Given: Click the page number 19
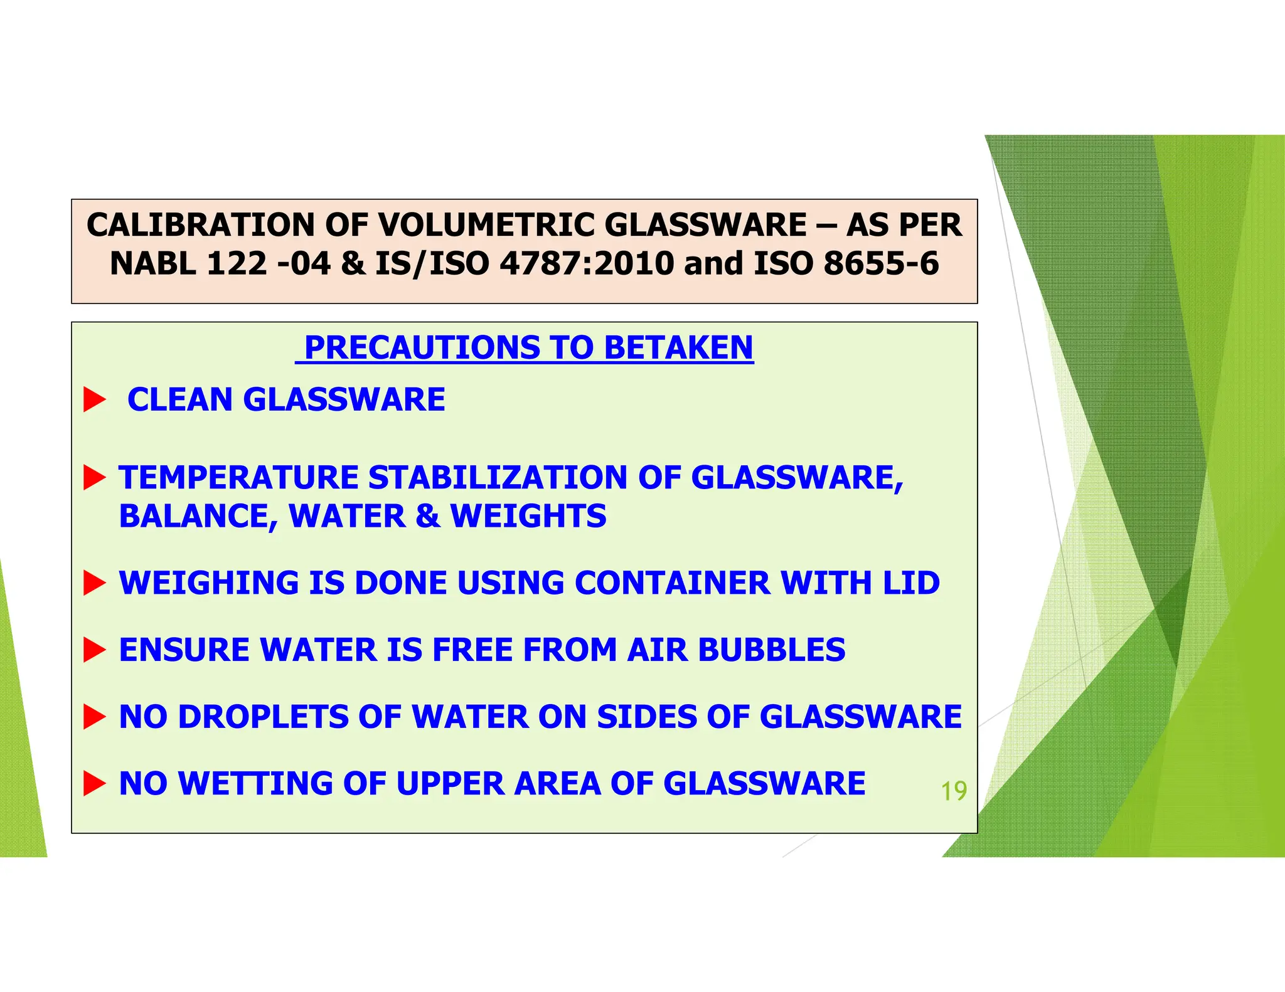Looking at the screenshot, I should click(x=954, y=791).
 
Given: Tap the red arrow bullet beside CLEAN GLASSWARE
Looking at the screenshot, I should click(x=94, y=399).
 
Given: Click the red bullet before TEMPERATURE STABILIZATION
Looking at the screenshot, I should click(x=94, y=478).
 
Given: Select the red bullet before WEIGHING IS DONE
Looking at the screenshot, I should click(x=94, y=583).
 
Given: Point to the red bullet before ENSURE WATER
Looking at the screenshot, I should click(x=94, y=650).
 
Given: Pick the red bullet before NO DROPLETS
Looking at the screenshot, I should click(x=94, y=717).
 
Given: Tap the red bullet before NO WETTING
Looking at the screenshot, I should click(x=94, y=783).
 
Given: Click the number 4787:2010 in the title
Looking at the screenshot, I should click(x=587, y=263).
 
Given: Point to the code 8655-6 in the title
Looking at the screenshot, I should click(x=881, y=263).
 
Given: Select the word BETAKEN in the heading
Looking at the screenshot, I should click(x=678, y=348).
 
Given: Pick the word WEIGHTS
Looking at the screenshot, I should click(x=528, y=517).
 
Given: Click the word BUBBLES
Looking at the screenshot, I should click(x=772, y=650).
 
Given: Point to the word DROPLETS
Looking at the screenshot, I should click(x=264, y=717).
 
